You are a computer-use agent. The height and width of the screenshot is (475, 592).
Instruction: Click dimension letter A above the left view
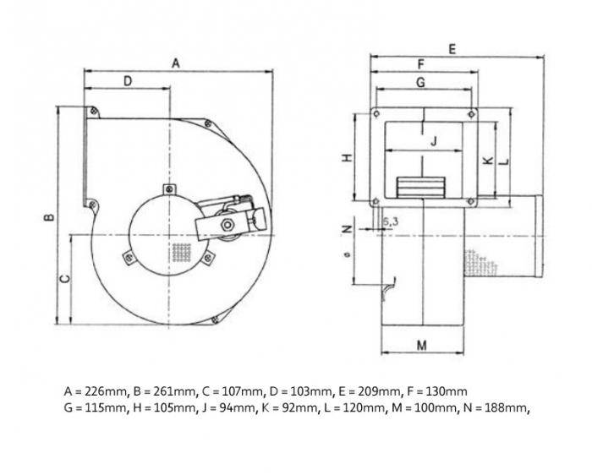[x=176, y=63]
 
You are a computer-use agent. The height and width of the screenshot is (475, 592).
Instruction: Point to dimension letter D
[x=128, y=81]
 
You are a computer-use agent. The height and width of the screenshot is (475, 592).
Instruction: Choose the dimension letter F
[x=420, y=64]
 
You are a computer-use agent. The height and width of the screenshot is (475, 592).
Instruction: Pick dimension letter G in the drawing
[x=420, y=82]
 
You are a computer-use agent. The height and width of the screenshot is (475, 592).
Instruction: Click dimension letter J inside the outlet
[x=432, y=141]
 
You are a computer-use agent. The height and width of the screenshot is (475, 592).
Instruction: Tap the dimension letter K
[x=487, y=160]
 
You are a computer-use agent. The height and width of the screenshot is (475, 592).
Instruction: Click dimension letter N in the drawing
[x=346, y=229]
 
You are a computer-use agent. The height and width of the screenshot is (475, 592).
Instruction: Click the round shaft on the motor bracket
[x=227, y=226]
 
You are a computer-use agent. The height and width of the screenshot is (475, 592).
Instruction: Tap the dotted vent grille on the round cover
[x=181, y=251]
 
